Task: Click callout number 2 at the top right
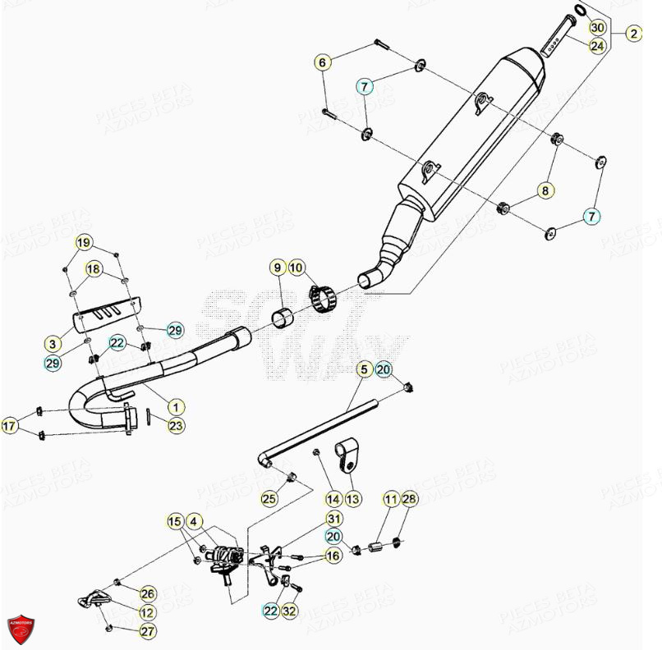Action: click(633, 34)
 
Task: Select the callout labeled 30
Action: click(597, 28)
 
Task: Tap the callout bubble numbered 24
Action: click(597, 46)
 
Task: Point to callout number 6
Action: click(323, 62)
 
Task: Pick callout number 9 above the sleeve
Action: click(278, 268)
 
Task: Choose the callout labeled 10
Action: click(297, 268)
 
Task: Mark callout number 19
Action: click(84, 242)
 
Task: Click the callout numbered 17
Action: click(10, 426)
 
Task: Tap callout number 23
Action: click(176, 425)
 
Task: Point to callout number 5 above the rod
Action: click(363, 370)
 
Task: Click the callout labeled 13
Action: click(352, 498)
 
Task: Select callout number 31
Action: click(333, 519)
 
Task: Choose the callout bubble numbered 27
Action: click(147, 631)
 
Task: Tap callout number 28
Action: click(409, 499)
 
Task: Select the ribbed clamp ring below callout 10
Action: click(324, 296)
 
